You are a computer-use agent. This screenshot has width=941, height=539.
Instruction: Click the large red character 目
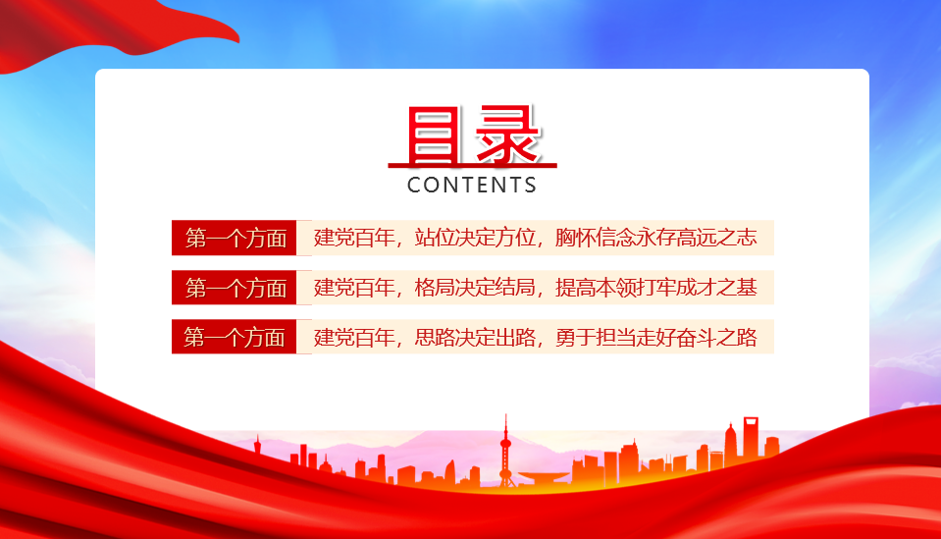point(432,135)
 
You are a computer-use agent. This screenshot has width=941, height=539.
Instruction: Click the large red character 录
point(507,135)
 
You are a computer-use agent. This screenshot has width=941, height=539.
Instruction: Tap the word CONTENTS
point(472,185)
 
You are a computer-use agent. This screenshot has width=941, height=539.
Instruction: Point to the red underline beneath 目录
point(472,165)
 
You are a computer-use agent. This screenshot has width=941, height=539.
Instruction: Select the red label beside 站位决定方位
point(235,238)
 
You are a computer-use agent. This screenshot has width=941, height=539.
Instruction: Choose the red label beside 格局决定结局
point(235,288)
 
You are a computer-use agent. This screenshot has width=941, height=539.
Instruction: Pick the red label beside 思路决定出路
point(235,337)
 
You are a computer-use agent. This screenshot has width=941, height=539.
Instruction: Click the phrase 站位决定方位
point(475,238)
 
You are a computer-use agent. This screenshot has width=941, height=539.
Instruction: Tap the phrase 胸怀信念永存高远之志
point(655,238)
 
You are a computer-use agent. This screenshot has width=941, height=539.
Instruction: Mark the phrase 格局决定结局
point(475,288)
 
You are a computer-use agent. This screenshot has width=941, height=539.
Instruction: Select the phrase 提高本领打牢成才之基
point(655,288)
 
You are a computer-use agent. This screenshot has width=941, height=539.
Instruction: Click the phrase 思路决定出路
point(475,338)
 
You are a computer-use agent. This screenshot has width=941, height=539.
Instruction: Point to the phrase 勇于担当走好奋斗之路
point(655,338)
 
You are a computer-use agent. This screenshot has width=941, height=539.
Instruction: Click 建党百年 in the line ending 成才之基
point(354,288)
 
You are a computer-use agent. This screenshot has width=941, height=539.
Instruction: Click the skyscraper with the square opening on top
point(751,437)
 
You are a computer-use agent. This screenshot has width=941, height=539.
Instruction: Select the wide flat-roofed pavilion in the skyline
point(544,478)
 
